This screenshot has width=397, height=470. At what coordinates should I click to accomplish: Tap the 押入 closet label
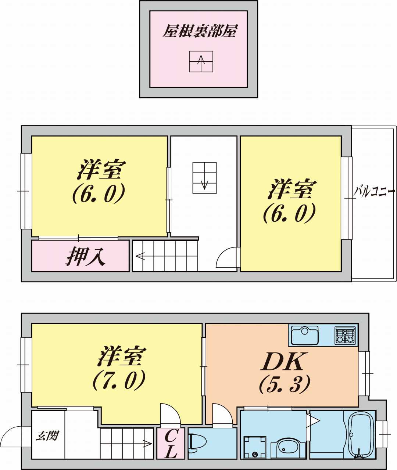(x=86, y=257)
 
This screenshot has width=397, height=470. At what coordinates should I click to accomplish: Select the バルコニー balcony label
(x=375, y=191)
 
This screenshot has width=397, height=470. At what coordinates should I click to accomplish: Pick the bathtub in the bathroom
(x=361, y=435)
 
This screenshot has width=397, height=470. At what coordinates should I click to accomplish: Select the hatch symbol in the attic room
(x=201, y=61)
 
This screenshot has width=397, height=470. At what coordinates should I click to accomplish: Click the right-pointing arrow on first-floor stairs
(x=147, y=444)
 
